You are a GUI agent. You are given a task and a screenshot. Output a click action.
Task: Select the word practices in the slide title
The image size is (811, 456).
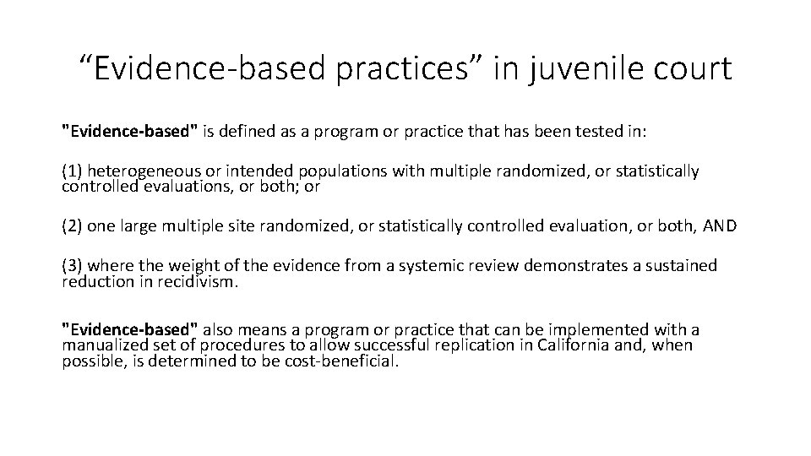(402, 69)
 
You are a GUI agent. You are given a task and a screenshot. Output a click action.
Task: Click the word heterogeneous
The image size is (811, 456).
(144, 171)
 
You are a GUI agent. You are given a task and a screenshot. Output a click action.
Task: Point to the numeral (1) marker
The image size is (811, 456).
(72, 171)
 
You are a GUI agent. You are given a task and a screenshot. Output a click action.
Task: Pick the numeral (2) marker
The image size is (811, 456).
(72, 226)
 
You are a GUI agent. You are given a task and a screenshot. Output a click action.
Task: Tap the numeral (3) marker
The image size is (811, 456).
(72, 266)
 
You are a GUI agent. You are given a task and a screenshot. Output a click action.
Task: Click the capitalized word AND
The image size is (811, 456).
(720, 226)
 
